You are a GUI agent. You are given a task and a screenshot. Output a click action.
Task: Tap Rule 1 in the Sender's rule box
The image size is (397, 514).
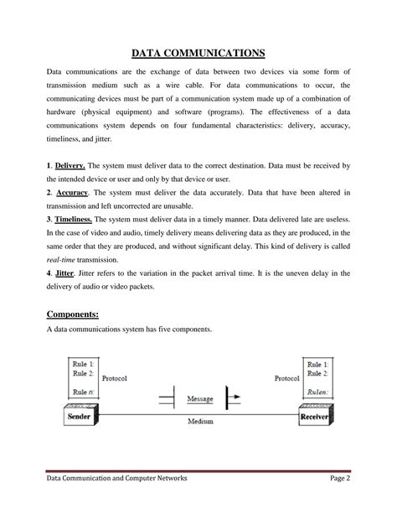tap(83, 365)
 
